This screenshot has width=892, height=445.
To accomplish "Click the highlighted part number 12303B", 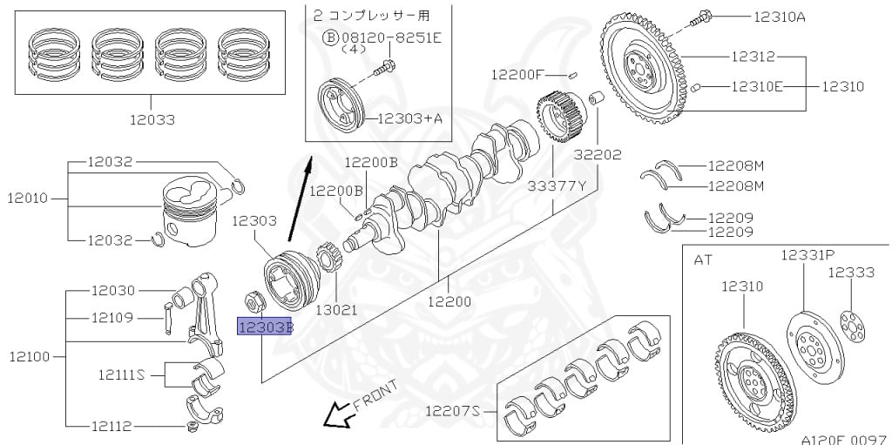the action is click(x=265, y=326).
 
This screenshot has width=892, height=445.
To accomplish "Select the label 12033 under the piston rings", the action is click(x=152, y=120).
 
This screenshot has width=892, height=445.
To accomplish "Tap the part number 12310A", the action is click(x=780, y=17).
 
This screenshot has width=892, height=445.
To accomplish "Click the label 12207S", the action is click(x=452, y=409).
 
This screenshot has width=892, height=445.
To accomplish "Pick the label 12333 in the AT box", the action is click(x=850, y=273).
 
